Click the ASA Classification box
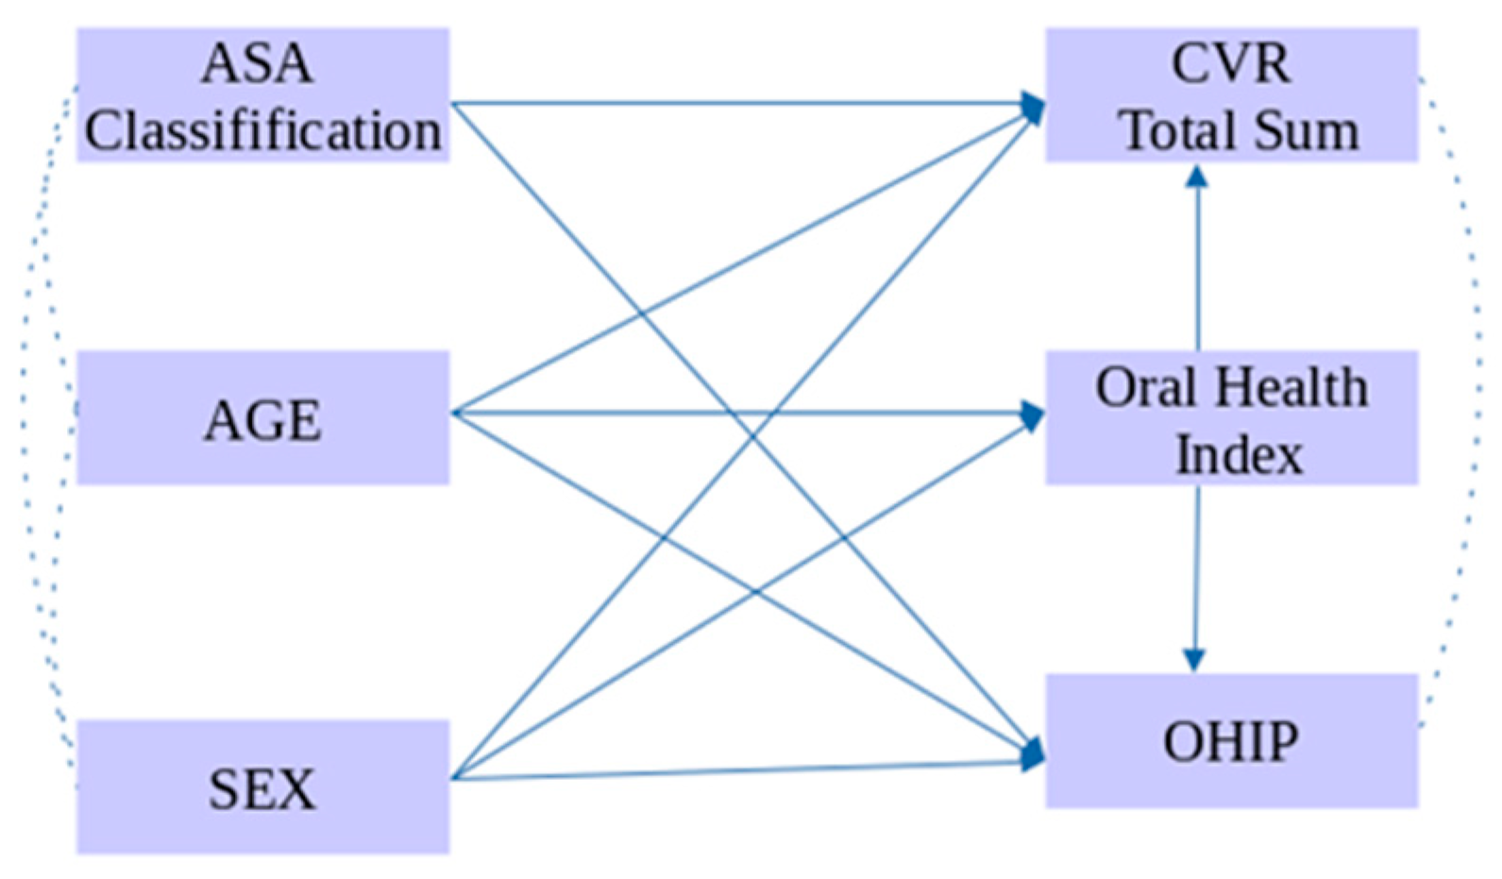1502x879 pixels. click(262, 95)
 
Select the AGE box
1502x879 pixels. click(262, 418)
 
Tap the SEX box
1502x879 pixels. click(262, 786)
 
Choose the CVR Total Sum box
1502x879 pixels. click(1231, 95)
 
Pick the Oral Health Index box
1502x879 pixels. click(1231, 418)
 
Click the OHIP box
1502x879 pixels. click(1231, 741)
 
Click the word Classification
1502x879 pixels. click(262, 130)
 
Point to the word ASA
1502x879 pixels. click(257, 64)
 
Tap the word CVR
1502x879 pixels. click(1230, 64)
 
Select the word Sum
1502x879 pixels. click(1311, 130)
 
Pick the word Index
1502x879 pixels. click(1238, 454)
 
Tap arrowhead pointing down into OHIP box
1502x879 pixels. click(1194, 660)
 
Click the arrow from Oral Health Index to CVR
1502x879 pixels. click(1198, 264)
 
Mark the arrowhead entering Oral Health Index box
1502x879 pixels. click(1034, 414)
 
